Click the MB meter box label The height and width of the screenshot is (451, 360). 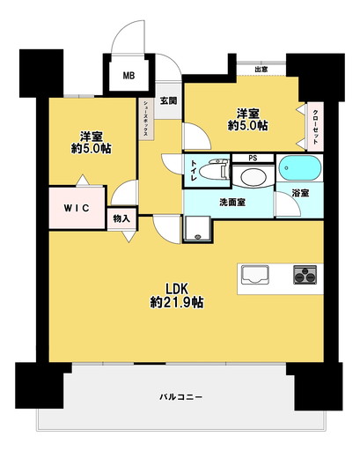click(129, 76)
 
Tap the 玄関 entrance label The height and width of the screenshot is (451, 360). click(168, 100)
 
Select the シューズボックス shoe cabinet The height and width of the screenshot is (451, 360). click(146, 119)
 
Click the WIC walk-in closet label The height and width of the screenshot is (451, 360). click(77, 208)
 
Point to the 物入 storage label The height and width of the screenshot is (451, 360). click(121, 218)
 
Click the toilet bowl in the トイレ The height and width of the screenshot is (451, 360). click(214, 170)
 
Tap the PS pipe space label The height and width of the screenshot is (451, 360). click(253, 158)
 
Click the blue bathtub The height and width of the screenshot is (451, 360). click(299, 168)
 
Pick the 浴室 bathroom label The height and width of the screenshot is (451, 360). click(300, 193)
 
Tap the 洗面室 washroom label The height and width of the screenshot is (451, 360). click(232, 203)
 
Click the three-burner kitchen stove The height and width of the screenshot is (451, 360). click(305, 275)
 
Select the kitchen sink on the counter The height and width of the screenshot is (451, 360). click(255, 275)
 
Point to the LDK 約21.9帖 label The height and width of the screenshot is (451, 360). click(177, 296)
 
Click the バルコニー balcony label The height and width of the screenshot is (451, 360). click(181, 397)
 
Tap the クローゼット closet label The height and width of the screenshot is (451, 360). click(315, 127)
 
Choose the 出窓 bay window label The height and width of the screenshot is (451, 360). click(261, 70)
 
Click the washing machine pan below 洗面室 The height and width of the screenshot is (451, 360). click(197, 229)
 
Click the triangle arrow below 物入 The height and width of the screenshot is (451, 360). click(129, 237)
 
